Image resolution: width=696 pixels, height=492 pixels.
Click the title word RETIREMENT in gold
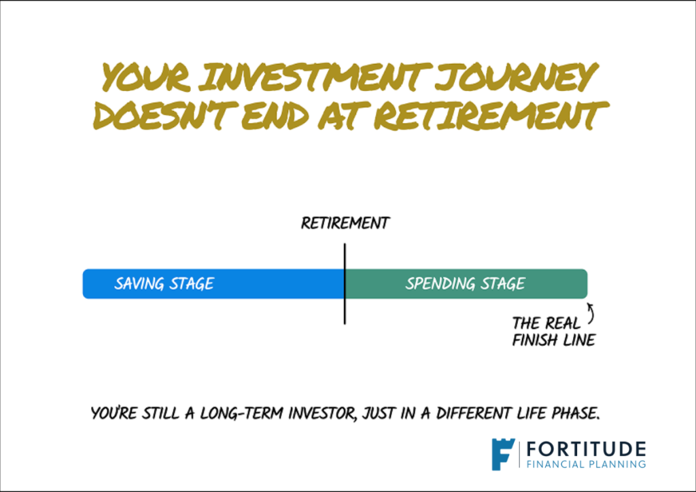491,116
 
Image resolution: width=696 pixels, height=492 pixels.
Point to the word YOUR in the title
147,77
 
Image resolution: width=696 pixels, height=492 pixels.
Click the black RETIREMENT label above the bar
345,223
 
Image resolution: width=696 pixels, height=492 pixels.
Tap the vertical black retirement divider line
345,283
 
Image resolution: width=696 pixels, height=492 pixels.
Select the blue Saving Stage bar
213,283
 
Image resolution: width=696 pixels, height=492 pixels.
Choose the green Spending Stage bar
466,283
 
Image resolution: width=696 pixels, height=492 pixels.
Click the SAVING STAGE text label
164,283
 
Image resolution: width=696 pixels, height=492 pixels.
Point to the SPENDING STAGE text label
465,283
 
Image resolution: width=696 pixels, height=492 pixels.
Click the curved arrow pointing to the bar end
592,313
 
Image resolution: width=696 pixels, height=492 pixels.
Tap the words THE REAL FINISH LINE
553,332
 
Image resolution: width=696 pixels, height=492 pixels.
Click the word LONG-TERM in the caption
241,413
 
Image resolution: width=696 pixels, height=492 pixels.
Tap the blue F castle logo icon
502,454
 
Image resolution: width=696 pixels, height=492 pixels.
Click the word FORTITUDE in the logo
586,449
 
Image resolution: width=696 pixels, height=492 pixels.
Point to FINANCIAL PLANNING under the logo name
586,465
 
